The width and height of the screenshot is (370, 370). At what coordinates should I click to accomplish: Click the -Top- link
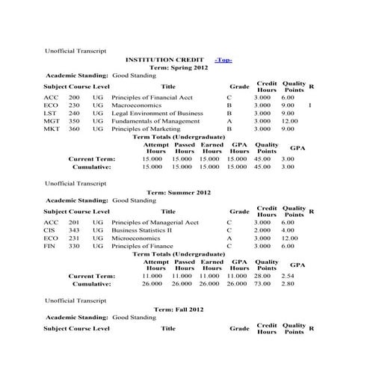(223, 59)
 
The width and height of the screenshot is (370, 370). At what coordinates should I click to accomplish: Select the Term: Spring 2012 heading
(179, 67)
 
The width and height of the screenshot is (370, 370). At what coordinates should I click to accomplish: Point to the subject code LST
(50, 114)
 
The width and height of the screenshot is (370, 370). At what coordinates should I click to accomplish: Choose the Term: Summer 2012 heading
(179, 192)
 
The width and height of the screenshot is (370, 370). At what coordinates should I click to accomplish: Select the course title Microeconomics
(136, 238)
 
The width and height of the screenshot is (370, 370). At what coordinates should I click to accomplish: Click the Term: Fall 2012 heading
(179, 309)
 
